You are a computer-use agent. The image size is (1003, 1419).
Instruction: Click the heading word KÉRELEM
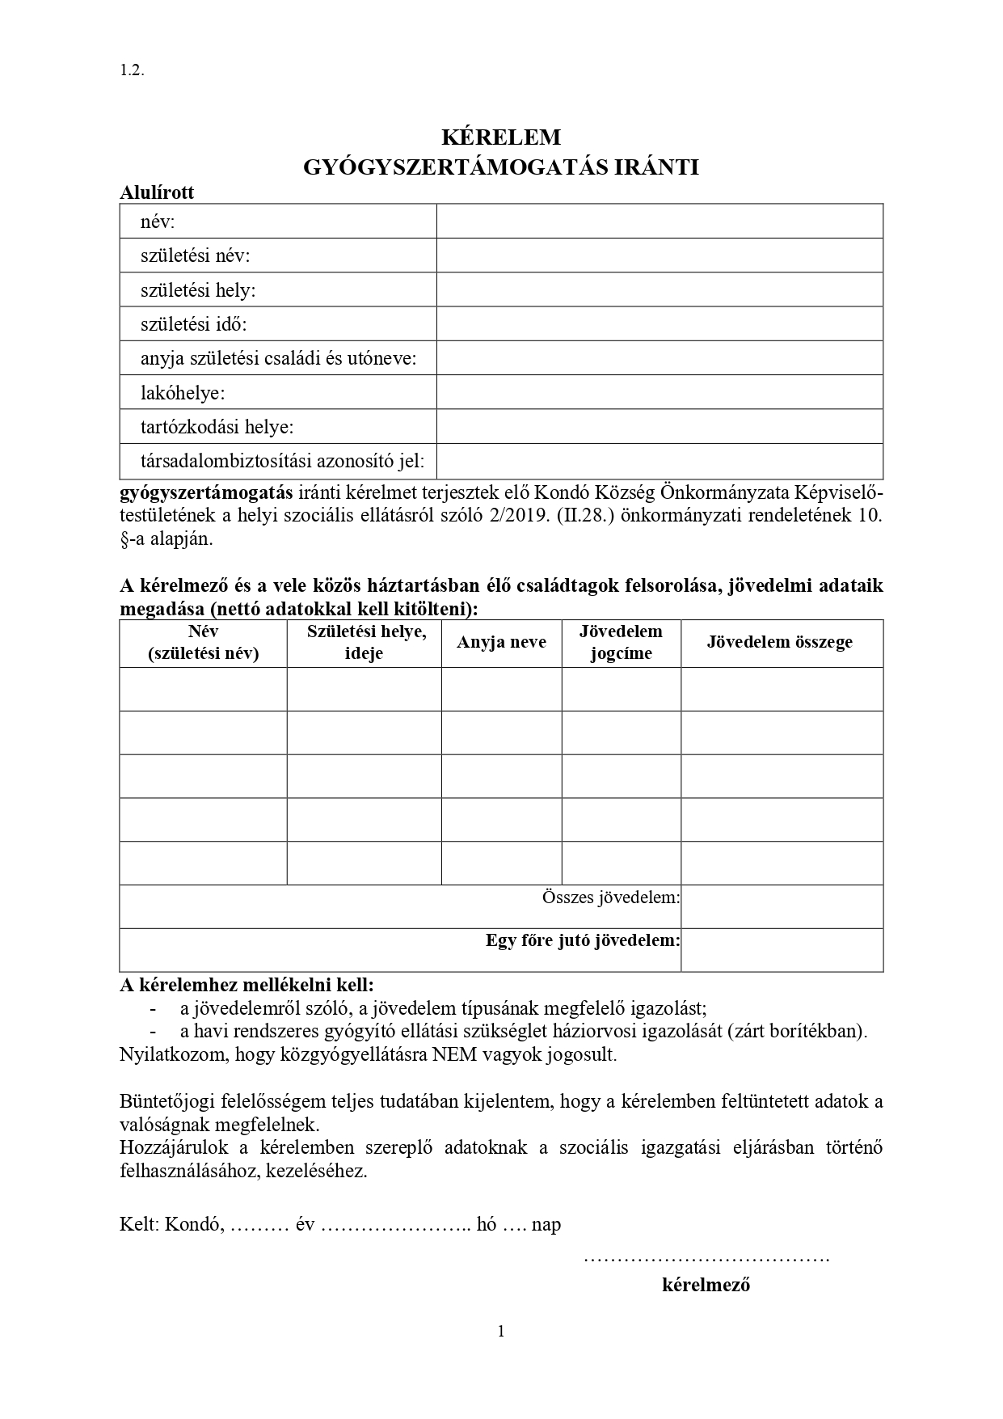[x=501, y=137]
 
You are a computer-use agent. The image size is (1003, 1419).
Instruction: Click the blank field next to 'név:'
[x=660, y=222]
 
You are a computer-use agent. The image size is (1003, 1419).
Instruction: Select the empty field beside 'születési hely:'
[x=660, y=289]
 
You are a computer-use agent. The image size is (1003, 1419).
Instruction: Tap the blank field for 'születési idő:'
[x=660, y=323]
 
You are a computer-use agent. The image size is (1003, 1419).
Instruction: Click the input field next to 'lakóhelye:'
[x=660, y=392]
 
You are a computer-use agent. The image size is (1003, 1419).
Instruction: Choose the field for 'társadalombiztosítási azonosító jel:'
[x=660, y=461]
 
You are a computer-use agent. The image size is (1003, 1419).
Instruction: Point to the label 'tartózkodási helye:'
[x=217, y=427]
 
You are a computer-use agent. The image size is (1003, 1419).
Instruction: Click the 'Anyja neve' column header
[x=501, y=643]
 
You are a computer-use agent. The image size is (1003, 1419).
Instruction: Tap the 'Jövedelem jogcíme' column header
[x=621, y=643]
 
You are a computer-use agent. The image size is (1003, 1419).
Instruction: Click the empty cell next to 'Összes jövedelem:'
[x=782, y=906]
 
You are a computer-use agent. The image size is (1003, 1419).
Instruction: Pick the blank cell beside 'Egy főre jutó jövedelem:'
[x=782, y=950]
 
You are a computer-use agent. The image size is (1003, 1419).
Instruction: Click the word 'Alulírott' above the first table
[x=157, y=193]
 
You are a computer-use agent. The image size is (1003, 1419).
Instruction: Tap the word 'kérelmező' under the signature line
[x=706, y=1285]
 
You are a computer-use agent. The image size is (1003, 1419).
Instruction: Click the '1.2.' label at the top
[x=132, y=70]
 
